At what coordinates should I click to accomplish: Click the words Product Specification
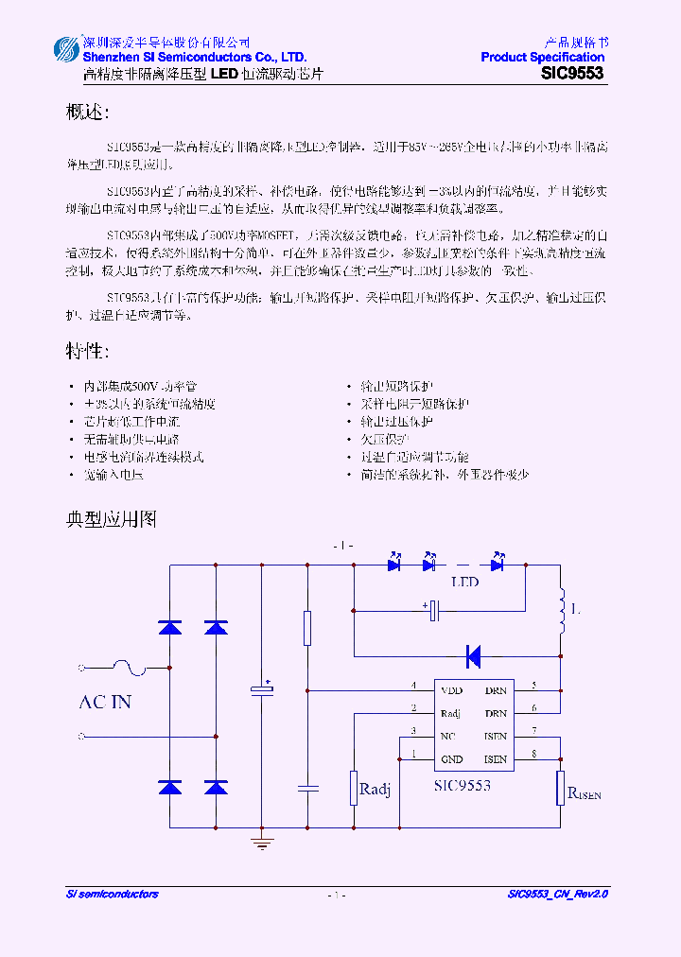542,58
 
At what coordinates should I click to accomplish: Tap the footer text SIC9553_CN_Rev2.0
557,894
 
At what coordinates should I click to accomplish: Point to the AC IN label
104,702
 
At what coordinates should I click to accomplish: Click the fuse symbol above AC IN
128,668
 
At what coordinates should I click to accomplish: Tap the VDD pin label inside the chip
452,690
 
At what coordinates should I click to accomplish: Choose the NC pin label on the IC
448,736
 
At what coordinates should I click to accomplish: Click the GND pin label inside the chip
451,759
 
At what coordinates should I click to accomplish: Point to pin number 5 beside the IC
534,685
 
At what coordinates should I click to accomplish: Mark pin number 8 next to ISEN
534,754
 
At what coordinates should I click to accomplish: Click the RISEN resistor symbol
561,787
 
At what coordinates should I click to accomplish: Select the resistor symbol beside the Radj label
353,787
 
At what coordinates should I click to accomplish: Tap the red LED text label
465,583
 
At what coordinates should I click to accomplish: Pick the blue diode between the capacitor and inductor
474,654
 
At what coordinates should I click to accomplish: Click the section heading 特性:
87,352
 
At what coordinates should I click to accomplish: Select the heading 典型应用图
111,519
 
